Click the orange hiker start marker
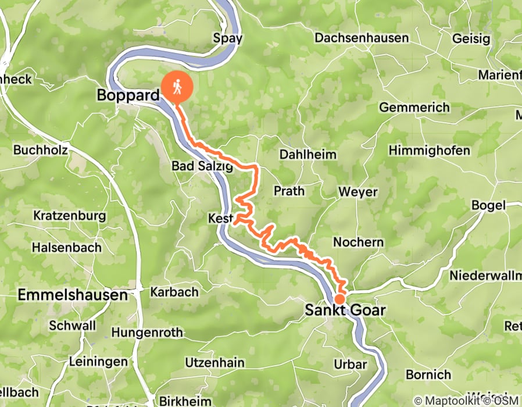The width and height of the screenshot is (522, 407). (177, 87)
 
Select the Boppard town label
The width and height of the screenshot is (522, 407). (127, 95)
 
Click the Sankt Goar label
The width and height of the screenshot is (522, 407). (345, 310)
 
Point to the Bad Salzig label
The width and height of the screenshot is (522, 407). (202, 166)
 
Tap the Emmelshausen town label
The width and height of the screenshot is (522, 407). (73, 295)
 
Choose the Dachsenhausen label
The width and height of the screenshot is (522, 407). (361, 38)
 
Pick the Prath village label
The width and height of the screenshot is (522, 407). (289, 191)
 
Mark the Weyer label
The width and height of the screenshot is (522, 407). (358, 192)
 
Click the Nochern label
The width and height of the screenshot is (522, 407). (358, 242)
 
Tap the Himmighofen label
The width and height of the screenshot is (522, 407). (429, 151)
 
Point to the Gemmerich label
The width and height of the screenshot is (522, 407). (414, 108)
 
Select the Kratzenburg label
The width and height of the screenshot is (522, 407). (69, 216)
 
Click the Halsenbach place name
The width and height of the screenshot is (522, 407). (66, 247)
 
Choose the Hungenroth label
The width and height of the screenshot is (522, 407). (146, 333)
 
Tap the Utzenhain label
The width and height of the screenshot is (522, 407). (214, 363)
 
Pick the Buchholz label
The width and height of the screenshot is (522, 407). (40, 150)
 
